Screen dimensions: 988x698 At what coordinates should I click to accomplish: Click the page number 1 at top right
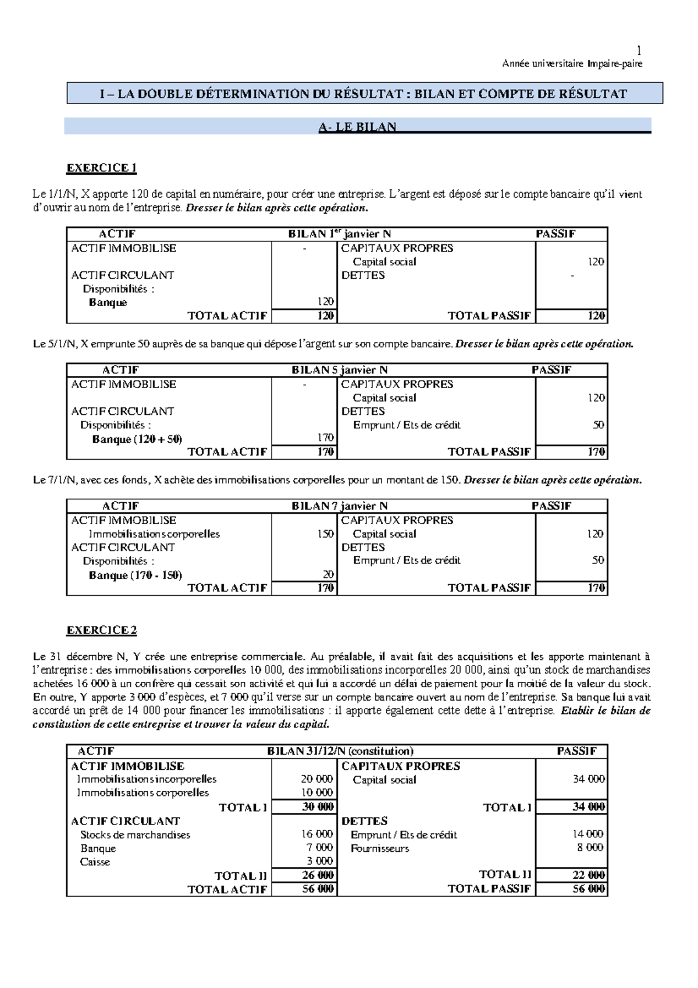coord(639,51)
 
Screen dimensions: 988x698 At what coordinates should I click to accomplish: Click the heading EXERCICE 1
coord(101,168)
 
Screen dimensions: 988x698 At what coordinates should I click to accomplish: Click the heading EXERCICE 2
coord(101,630)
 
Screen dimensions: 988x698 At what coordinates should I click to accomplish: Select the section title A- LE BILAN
coord(357,127)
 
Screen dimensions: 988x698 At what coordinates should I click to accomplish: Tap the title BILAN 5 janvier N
coord(339,370)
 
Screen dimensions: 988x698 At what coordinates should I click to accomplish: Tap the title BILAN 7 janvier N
coord(339,506)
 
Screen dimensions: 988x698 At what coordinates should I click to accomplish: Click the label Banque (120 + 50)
coord(137,439)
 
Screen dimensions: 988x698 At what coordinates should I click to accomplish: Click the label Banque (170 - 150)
coord(135,575)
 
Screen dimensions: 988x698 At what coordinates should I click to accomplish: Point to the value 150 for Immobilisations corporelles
coord(325,534)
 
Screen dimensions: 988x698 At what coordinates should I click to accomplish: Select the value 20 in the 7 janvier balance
coord(328,574)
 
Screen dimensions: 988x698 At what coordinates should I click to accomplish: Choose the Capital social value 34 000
coord(589,779)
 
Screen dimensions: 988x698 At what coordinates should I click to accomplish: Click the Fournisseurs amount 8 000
coord(590,847)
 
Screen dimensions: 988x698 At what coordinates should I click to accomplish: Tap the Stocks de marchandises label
coord(135,834)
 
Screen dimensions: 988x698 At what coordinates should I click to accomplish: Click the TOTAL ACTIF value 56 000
coord(318,889)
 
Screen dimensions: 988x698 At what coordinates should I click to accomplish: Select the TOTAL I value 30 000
coord(318,806)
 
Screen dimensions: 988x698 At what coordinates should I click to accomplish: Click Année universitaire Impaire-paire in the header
coord(572,63)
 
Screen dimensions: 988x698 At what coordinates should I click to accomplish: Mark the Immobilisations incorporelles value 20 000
coord(316,779)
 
